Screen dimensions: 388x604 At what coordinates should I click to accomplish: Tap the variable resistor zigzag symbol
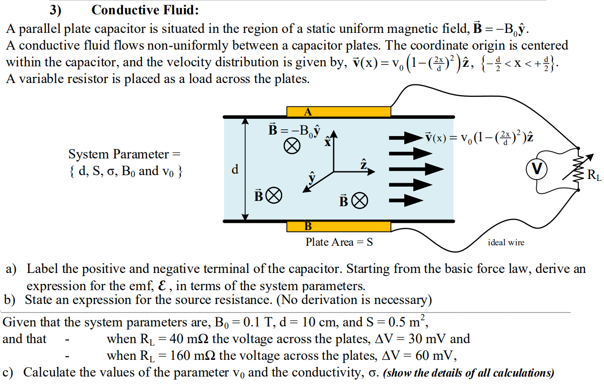pyautogui.click(x=578, y=169)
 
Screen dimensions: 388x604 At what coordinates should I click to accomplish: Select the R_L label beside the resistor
pyautogui.click(x=594, y=176)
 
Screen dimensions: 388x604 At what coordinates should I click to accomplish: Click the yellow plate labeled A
pyautogui.click(x=338, y=112)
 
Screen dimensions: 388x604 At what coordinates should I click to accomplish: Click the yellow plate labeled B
pyautogui.click(x=338, y=226)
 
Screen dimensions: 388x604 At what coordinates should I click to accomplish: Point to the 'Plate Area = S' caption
pyautogui.click(x=339, y=242)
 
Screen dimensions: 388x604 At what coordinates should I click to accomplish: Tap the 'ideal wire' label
pyautogui.click(x=506, y=242)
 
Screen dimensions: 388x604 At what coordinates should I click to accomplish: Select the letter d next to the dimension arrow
pyautogui.click(x=235, y=169)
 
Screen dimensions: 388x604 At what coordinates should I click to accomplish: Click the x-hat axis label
pyautogui.click(x=328, y=141)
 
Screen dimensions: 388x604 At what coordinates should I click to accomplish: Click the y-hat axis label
pyautogui.click(x=312, y=178)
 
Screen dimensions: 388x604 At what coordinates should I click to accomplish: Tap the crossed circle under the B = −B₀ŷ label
pyautogui.click(x=292, y=146)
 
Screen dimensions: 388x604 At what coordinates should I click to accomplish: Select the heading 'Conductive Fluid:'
pyautogui.click(x=145, y=10)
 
